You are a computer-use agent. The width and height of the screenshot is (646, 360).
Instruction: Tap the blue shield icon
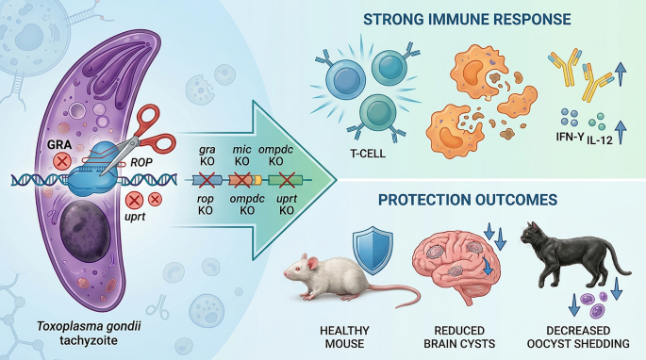pos(373,250)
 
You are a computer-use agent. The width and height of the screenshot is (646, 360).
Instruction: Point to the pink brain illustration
pos(456,269)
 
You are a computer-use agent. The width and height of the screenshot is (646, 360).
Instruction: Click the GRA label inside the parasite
pos(59,144)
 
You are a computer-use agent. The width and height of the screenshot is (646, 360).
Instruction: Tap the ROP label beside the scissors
pos(141,163)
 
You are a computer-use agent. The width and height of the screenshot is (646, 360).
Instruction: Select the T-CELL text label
pos(368,154)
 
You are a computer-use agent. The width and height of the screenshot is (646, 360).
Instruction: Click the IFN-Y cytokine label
pos(570,137)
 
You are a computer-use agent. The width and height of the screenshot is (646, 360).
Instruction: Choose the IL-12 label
pos(600,139)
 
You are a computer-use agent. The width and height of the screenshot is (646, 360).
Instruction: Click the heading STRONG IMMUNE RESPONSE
pos(467,20)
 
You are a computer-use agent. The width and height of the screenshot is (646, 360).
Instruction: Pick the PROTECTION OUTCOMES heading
pos(468,200)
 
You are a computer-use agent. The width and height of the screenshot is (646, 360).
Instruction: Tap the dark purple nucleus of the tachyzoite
pos(85,232)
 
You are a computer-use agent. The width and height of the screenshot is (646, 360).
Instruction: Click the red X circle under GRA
pos(62,160)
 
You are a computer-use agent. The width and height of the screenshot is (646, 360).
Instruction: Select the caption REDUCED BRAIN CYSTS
pos(459,337)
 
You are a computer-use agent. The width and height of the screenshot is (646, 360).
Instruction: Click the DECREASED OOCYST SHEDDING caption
pos(578,337)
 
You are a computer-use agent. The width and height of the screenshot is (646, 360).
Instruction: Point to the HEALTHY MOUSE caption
pos(344,337)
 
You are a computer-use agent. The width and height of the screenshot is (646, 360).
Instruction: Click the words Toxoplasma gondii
pos(89,326)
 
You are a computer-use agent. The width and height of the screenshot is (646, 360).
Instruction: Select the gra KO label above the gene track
pos(207,155)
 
